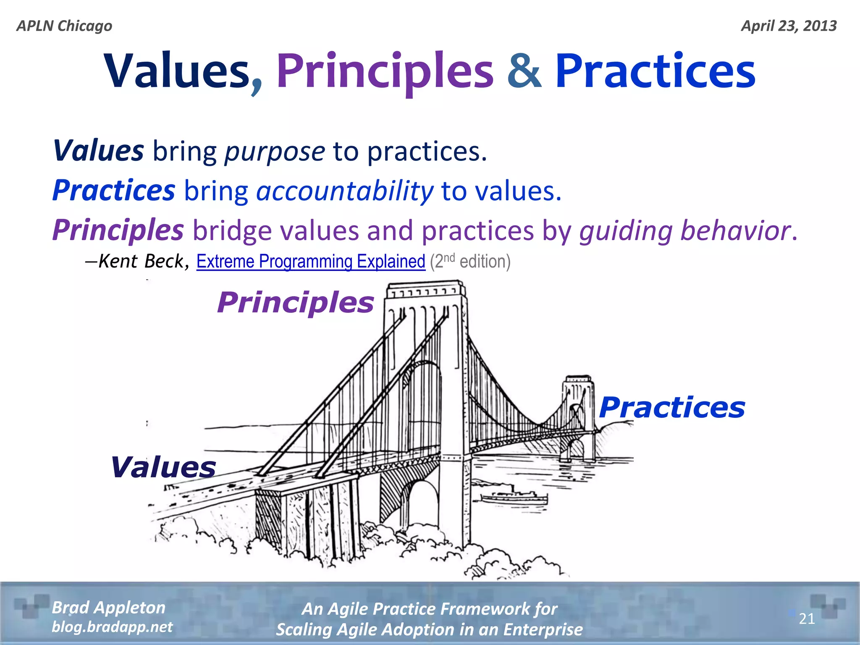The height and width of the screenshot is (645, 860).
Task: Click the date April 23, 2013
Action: pos(789,26)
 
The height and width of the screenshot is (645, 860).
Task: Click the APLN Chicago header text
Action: pos(64,26)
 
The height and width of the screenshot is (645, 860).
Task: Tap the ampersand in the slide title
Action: pos(524,71)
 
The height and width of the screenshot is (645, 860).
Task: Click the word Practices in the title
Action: pos(655,71)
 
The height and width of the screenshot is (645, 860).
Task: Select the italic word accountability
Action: pos(344,191)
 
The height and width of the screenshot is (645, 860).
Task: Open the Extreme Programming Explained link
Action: pos(311,262)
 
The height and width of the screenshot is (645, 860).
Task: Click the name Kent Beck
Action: pos(141,262)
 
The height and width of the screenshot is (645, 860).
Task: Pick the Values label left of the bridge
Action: pos(163,467)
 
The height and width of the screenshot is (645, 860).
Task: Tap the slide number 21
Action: pos(806,619)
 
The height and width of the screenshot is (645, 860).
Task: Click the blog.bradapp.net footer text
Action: pos(112,627)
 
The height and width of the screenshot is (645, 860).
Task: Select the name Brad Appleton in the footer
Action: pos(109,608)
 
